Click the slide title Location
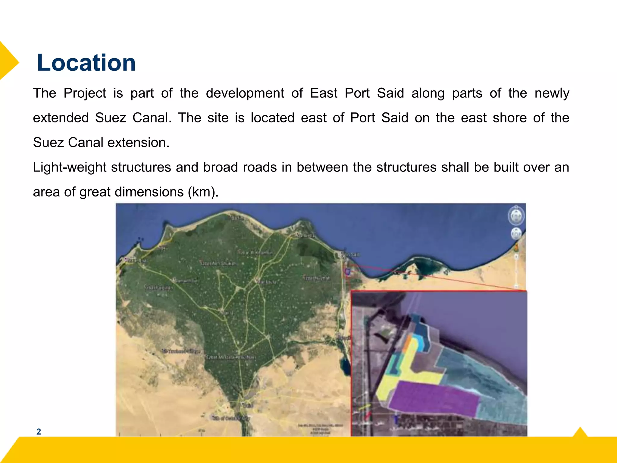coord(86,63)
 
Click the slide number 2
coord(39,432)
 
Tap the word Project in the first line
coord(85,93)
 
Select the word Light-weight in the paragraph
coord(70,167)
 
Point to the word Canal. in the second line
coord(152,118)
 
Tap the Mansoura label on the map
coord(267,282)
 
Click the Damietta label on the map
coord(305,235)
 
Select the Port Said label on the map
coord(351,255)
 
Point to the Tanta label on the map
coord(228,313)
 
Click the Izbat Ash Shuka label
coord(218,263)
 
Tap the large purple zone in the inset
coord(434,398)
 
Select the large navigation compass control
coord(516,216)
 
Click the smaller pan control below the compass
coord(516,234)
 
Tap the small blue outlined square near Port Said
coord(347,272)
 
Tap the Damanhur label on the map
coord(186,281)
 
